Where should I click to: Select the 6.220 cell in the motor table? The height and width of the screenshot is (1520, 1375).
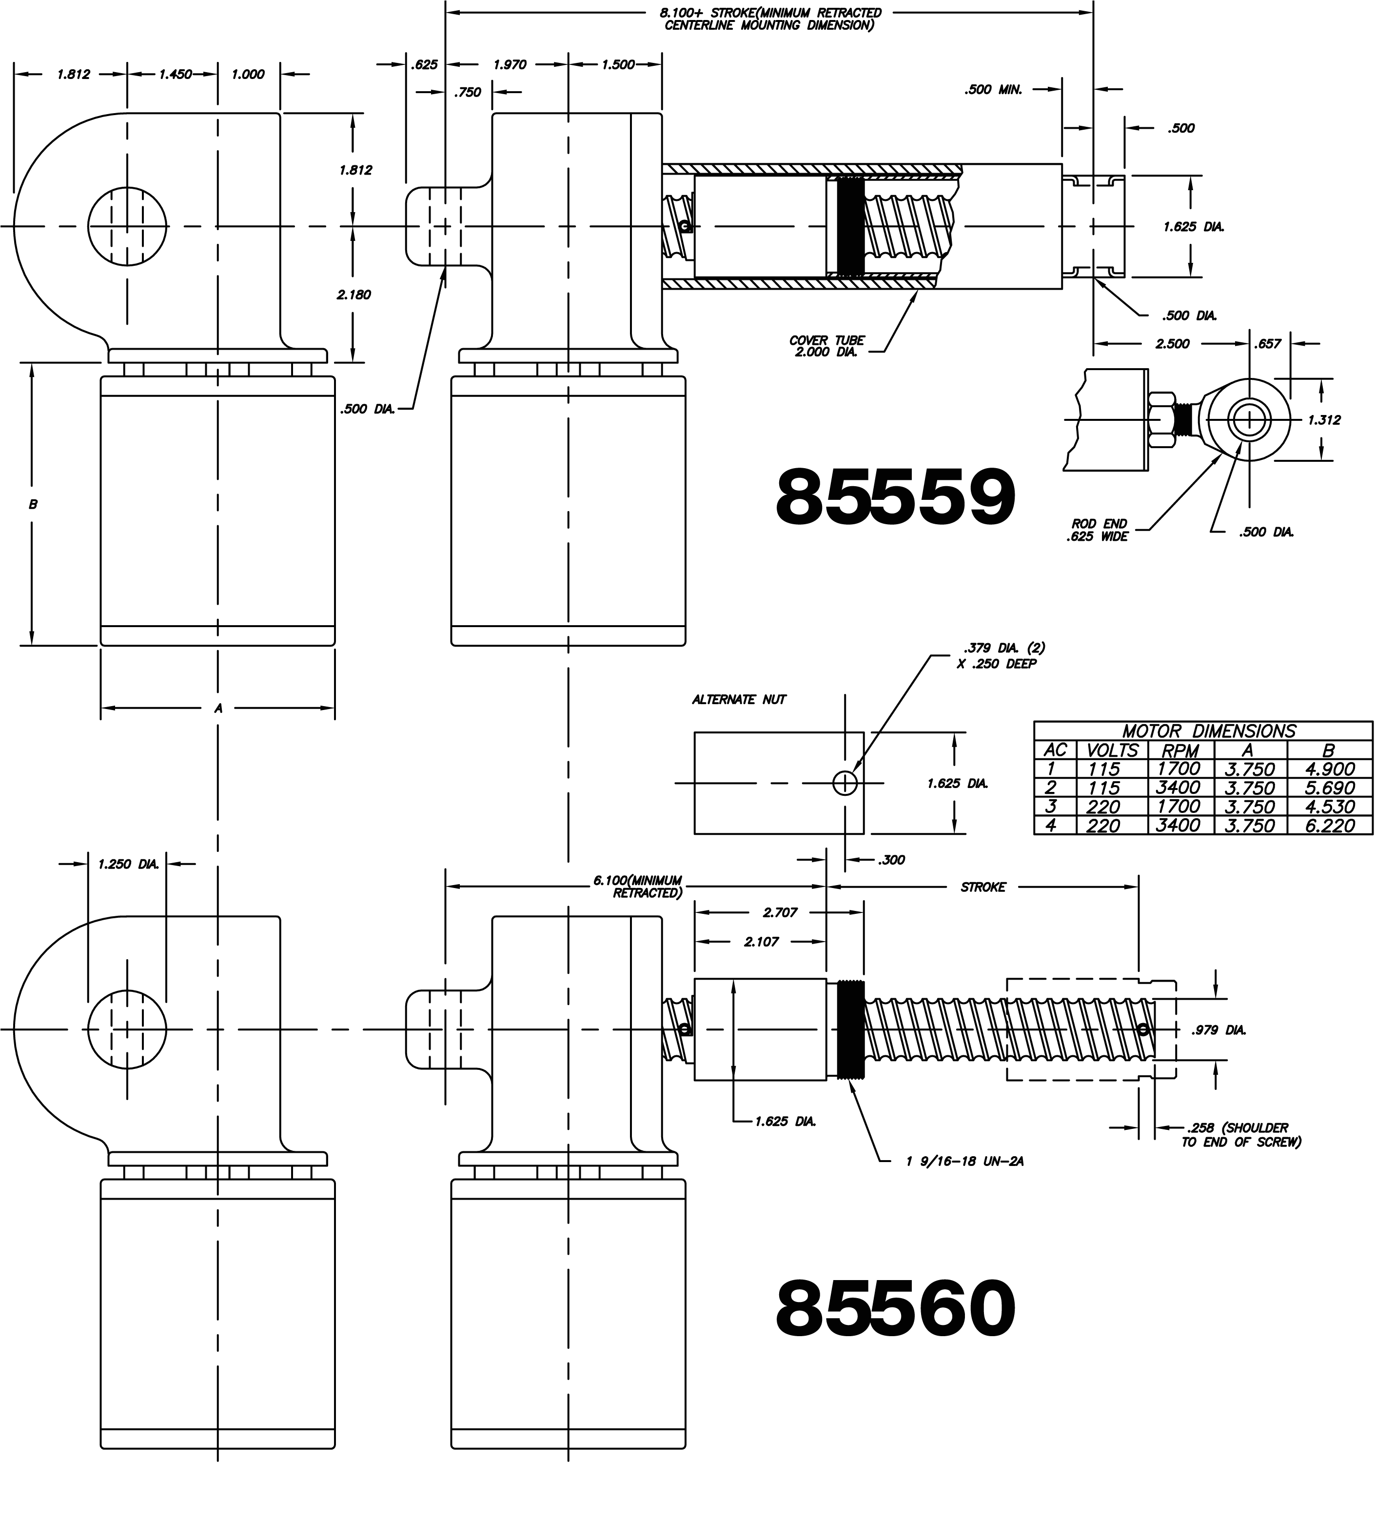[x=1330, y=826]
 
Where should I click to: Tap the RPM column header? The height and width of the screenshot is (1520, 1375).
[x=1180, y=750]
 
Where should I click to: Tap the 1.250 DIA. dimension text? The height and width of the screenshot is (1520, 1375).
[x=128, y=865]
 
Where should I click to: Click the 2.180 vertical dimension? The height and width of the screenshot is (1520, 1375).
[x=354, y=295]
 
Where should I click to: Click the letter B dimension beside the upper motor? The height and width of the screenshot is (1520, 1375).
[x=32, y=504]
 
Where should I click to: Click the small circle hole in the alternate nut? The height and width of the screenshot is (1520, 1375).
[x=845, y=783]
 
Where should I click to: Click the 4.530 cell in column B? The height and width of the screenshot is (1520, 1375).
[x=1330, y=807]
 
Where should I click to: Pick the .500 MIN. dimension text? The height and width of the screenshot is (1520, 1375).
[x=993, y=90]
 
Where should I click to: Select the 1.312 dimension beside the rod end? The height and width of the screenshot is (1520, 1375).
[x=1324, y=420]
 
